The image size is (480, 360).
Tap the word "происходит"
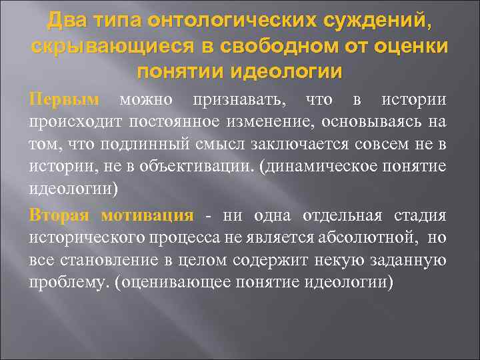[70, 122]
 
